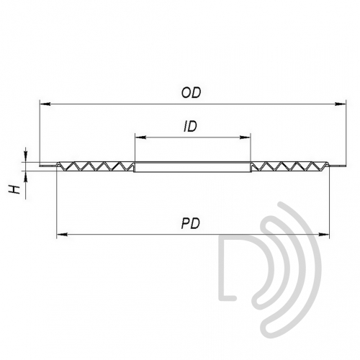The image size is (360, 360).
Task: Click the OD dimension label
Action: click(191, 93)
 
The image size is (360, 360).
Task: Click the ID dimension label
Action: click(190, 127)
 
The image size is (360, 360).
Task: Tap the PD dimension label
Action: click(191, 223)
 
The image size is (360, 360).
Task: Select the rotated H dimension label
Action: click(15, 189)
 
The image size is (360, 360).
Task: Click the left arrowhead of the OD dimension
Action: click(45, 104)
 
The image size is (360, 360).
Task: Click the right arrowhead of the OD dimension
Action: click(341, 104)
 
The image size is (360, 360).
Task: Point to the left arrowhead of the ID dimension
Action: click(140, 138)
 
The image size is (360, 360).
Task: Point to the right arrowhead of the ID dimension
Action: click(245, 138)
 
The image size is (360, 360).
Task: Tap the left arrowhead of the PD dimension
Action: click(62, 234)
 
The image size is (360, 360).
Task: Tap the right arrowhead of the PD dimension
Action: click(323, 234)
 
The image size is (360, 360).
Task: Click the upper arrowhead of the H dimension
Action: click(26, 156)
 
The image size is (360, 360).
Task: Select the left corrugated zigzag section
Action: click(96, 166)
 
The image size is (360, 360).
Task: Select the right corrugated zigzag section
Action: click(290, 166)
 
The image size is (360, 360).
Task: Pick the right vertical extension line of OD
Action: click(346, 132)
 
